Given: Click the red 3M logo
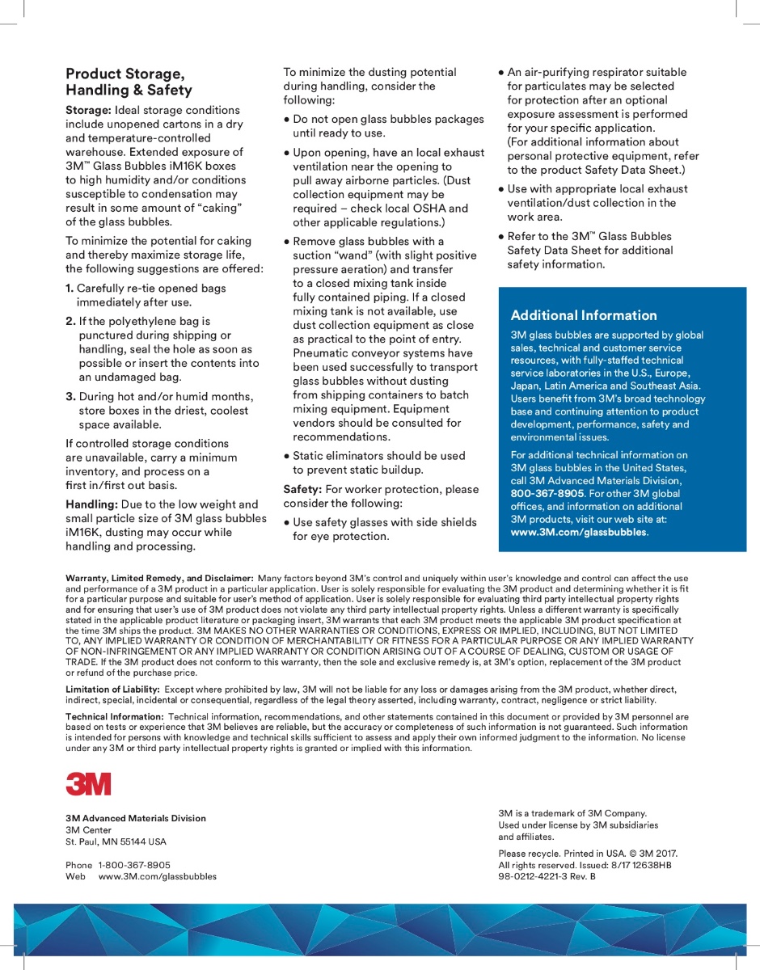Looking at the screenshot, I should pos(88,784).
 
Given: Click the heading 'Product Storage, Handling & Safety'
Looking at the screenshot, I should pos(129,82).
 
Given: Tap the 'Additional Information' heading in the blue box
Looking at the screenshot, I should pos(584,315).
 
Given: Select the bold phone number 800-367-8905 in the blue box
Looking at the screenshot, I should pos(547,493).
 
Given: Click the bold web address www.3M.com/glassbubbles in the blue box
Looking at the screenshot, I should pos(579,532).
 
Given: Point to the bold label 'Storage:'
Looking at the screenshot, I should pos(88,110).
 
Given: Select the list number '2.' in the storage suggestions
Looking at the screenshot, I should pos(70,321).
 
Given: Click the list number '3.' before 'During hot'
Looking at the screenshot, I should pos(70,396).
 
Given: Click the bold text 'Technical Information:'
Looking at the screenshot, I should pos(115,716).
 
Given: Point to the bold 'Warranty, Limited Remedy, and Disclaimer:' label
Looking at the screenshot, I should pos(159,578).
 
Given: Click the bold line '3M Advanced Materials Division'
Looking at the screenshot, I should pos(136,818).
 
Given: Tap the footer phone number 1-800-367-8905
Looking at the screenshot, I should pos(134,865).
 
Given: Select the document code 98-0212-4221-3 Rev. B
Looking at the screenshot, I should pos(547,876).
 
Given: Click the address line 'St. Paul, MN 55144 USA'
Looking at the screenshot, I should pos(116,841).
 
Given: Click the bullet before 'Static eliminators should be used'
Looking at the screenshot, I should pos(286,456).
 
